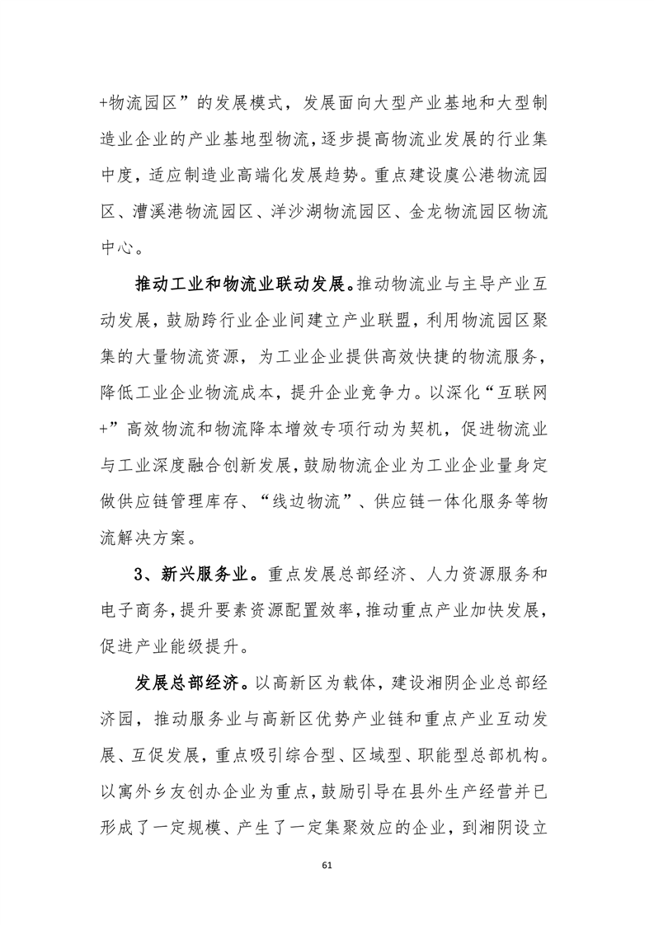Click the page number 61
point(327,865)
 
